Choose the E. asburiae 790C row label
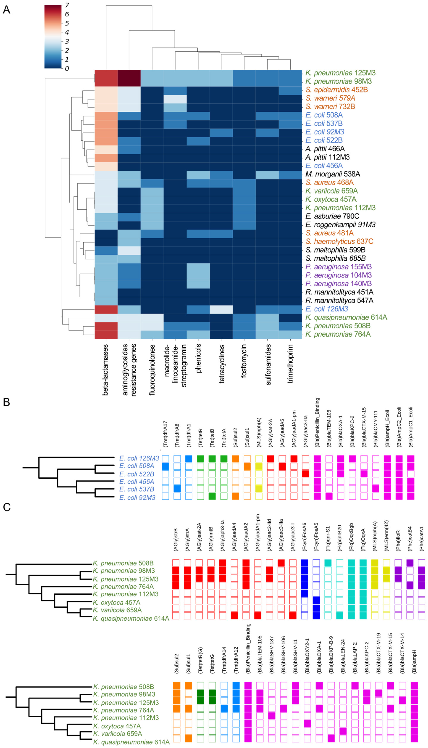click(x=332, y=216)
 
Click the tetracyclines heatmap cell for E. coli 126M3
click(x=221, y=309)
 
